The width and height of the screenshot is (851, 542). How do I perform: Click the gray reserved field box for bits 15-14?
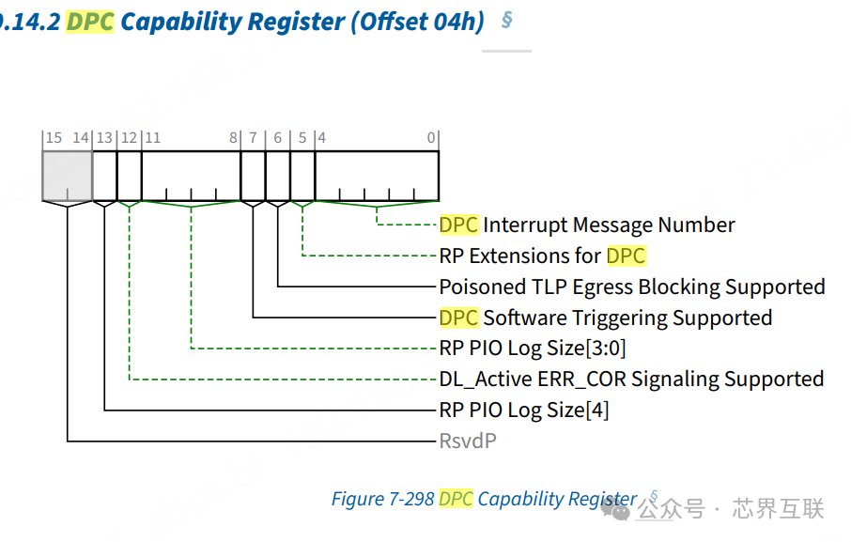(x=68, y=175)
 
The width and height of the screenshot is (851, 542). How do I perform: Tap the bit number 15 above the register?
(x=54, y=138)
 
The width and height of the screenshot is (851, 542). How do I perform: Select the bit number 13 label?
(x=104, y=138)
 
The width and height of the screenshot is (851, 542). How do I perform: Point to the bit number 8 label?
(x=233, y=138)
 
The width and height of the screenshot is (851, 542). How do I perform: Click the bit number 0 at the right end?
(x=431, y=138)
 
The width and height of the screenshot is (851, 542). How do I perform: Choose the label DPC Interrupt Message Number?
(x=587, y=225)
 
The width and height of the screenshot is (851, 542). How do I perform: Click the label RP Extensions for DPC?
(x=542, y=256)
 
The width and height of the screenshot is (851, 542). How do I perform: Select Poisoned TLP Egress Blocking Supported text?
(x=632, y=286)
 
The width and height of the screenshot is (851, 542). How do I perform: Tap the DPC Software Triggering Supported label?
(x=606, y=317)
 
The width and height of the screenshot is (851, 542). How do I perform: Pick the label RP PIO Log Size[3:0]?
(x=532, y=348)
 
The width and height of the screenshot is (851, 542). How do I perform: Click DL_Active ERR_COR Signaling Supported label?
(x=631, y=379)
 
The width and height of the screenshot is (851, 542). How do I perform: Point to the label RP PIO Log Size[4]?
(x=523, y=410)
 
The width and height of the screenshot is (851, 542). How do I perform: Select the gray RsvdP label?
(x=467, y=441)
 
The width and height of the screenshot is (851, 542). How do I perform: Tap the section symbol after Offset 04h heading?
(x=506, y=19)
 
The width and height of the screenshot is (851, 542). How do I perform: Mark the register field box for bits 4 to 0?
(x=377, y=175)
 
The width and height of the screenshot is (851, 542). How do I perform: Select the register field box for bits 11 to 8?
(x=191, y=175)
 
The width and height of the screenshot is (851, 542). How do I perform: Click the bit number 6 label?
(x=277, y=138)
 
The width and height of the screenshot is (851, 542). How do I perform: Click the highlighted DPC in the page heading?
(x=90, y=21)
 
